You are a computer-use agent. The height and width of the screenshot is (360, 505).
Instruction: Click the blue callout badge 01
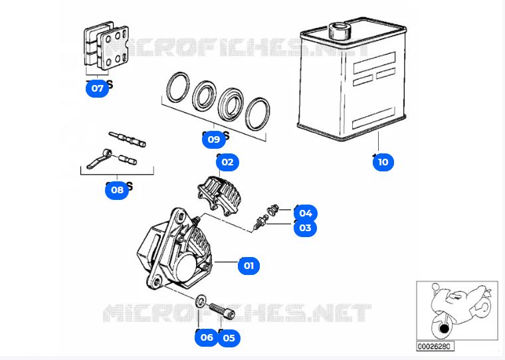point(249,266)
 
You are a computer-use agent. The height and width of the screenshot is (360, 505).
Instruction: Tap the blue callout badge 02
point(227,161)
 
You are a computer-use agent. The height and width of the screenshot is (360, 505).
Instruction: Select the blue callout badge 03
point(305,228)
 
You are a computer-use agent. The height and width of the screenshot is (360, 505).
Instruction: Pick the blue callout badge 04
point(305,213)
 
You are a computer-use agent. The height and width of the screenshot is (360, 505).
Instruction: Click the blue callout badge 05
point(229,337)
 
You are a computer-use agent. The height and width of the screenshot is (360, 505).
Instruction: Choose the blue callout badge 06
point(207,337)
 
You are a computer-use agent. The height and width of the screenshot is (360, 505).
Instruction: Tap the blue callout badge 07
point(98,88)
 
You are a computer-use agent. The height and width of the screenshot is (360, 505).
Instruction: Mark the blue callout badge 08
point(117,190)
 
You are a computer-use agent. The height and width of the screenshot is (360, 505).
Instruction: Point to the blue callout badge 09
point(213,139)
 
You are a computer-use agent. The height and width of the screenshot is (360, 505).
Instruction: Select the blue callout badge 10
point(383,161)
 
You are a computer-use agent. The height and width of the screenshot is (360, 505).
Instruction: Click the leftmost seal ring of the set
point(177,88)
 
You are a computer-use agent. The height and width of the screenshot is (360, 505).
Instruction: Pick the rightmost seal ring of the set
point(257,114)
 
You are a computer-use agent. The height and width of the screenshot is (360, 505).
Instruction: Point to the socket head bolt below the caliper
point(221,309)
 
